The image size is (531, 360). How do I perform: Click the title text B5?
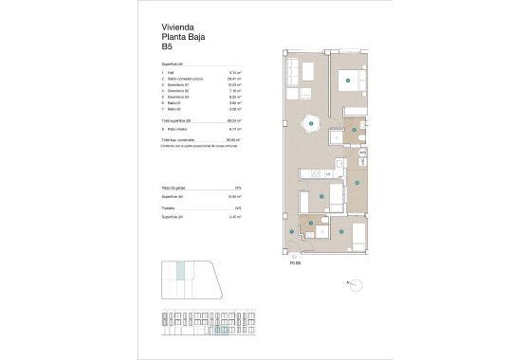(x=167, y=46)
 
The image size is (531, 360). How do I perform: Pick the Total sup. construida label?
(x=180, y=138)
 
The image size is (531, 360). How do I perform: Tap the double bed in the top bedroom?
(x=348, y=81)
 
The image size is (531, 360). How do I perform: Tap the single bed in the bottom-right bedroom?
(x=355, y=232)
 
